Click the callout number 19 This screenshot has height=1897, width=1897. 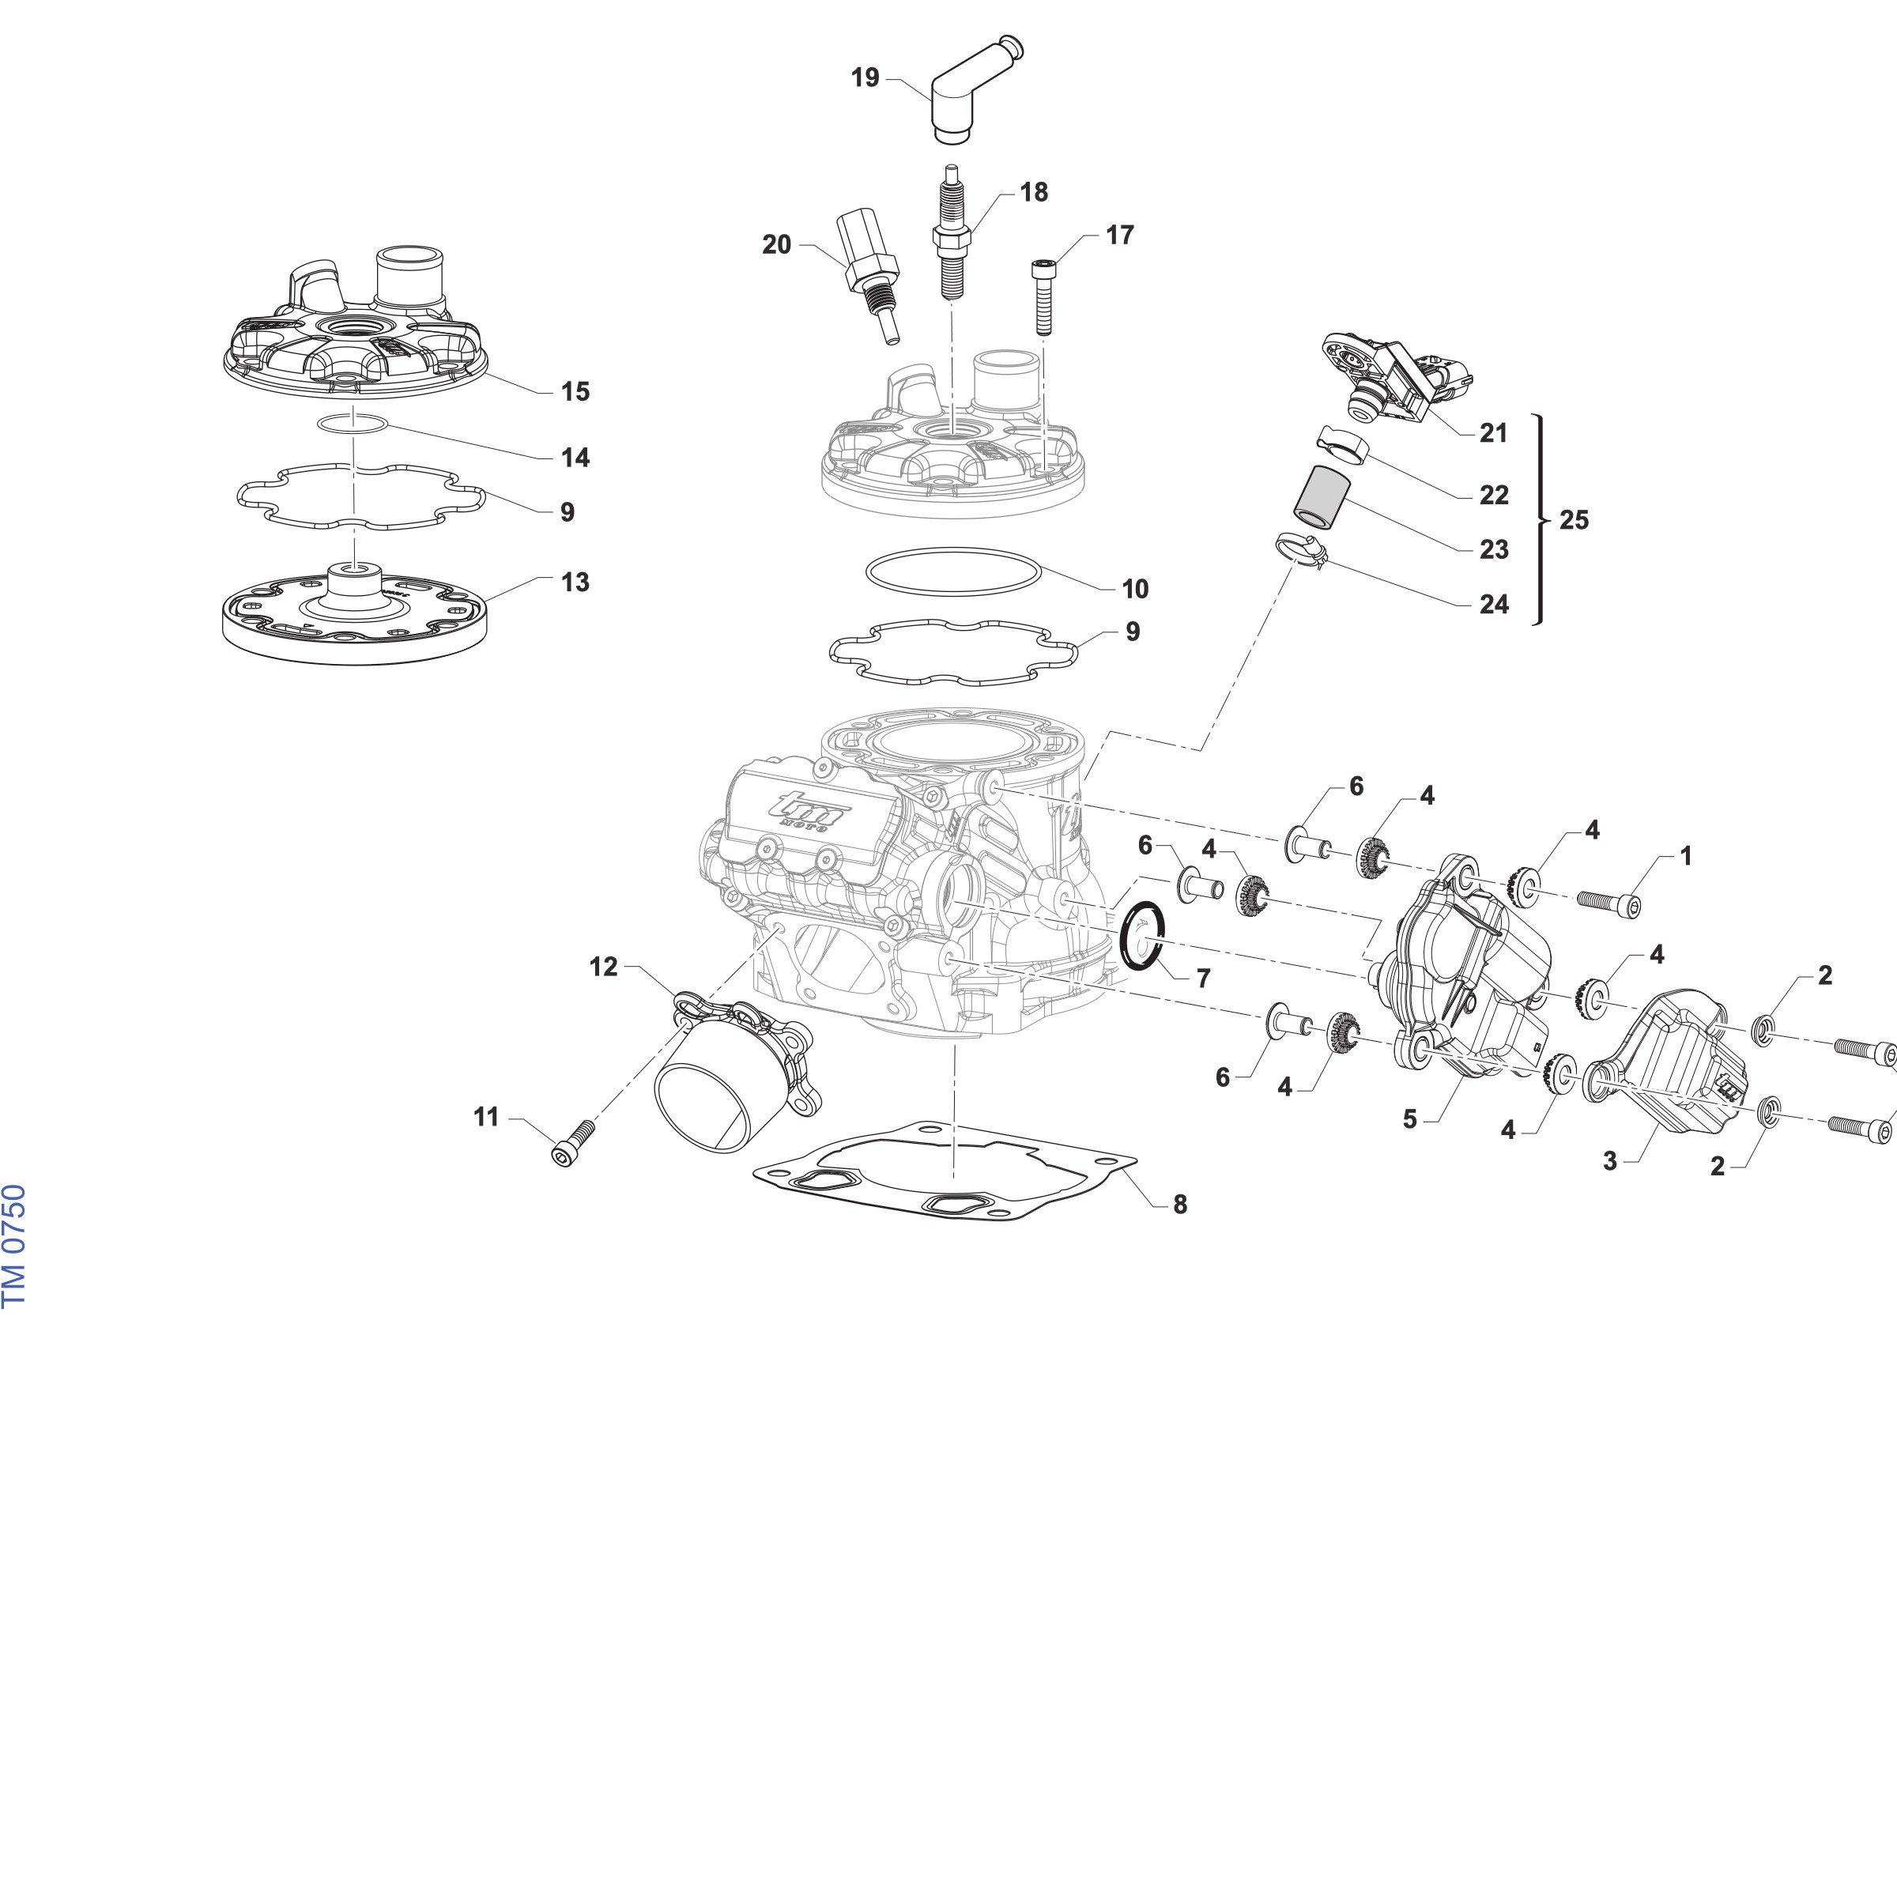pyautogui.click(x=865, y=77)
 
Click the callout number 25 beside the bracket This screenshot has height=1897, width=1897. pyautogui.click(x=1574, y=519)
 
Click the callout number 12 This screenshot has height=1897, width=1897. pyautogui.click(x=603, y=967)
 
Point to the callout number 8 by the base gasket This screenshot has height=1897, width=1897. pyautogui.click(x=1179, y=1204)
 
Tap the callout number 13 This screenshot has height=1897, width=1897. pyautogui.click(x=575, y=583)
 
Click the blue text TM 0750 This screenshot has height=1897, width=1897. pyautogui.click(x=13, y=1246)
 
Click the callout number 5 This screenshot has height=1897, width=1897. pyautogui.click(x=1410, y=1119)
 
